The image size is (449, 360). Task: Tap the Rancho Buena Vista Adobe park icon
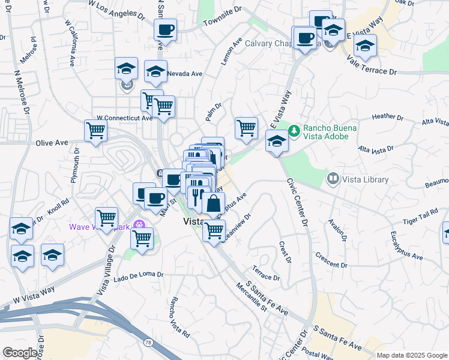tap(294, 130)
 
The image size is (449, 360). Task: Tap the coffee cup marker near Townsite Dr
tap(165, 29)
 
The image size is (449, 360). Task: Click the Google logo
tap(20, 353)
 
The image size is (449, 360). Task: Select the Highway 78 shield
tap(148, 341)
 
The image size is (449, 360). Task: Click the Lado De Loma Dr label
tap(138, 274)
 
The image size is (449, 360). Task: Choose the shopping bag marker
tap(213, 203)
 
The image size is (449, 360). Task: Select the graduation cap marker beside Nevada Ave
tap(156, 71)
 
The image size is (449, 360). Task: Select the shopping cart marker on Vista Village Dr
tap(106, 218)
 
